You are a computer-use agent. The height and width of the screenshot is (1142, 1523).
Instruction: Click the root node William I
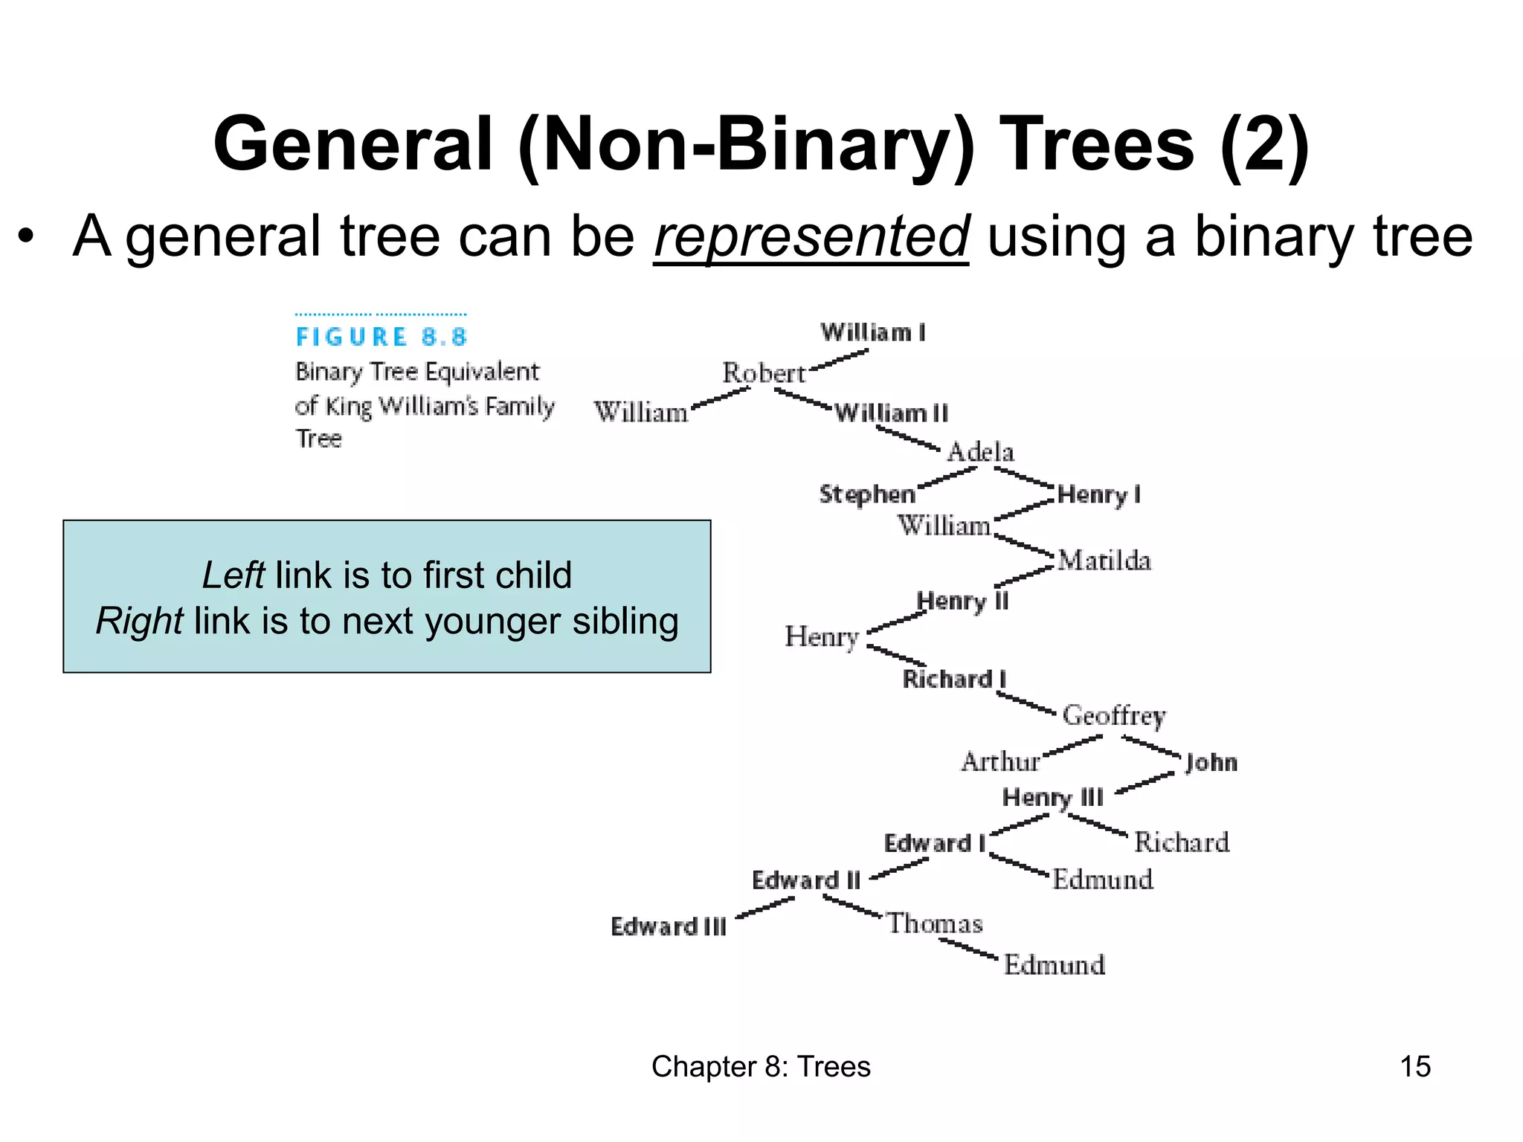tap(873, 332)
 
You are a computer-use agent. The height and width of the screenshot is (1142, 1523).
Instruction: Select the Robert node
tap(764, 373)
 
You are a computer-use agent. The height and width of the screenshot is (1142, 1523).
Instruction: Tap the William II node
tap(891, 413)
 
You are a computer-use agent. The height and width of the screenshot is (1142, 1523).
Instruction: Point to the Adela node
tap(980, 452)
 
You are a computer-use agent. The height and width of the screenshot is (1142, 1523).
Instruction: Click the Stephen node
tap(867, 494)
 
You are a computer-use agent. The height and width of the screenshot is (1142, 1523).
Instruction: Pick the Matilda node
tap(1104, 561)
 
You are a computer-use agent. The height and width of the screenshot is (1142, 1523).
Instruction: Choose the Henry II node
tap(962, 601)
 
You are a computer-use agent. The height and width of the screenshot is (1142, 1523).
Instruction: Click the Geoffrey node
tap(1114, 715)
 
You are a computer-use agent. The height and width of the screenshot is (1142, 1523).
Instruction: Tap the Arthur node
tap(1000, 762)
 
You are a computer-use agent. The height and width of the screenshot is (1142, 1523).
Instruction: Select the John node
tap(1211, 762)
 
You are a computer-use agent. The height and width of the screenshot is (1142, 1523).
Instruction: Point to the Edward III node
tap(668, 926)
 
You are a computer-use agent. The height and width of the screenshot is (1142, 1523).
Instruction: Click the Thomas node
tap(935, 923)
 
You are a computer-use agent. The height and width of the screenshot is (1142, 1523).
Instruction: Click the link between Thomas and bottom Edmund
tap(968, 949)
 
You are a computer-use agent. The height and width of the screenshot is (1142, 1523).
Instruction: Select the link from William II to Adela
tap(907, 437)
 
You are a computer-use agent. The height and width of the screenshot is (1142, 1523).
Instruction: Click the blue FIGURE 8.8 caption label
tap(381, 337)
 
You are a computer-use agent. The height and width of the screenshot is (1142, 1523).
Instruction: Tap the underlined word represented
tap(811, 236)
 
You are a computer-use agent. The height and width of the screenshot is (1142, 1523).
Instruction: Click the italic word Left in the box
tap(233, 575)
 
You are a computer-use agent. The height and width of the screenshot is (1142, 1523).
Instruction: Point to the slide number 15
tap(1414, 1066)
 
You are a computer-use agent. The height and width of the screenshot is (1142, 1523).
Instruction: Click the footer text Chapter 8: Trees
tap(761, 1066)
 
